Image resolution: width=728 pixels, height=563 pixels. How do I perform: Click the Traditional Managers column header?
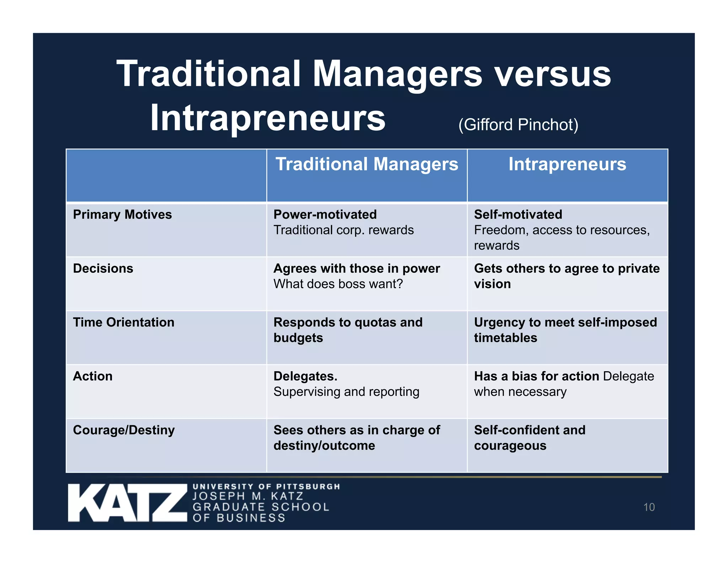coord(367,164)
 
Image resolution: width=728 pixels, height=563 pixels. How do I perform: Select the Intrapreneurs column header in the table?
coord(567,164)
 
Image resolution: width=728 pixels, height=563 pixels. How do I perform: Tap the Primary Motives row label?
coord(122,215)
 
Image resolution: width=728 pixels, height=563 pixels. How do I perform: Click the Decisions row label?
coord(103,268)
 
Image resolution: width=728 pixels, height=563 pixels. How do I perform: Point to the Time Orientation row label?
coord(124,322)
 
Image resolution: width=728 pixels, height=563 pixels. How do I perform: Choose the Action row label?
coord(93,376)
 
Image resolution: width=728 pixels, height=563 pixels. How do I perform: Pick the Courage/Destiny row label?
coord(124,430)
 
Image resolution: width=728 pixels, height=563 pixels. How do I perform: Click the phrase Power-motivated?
coord(325,215)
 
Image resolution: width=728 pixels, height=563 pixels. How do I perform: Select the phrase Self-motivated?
coord(518,215)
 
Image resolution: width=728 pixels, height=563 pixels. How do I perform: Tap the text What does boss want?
coord(338,284)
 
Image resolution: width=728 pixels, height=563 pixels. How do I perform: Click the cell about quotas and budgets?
coord(348,330)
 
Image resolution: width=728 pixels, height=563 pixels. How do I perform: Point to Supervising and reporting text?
coord(346,392)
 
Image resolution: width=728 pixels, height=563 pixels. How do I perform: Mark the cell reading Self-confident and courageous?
coord(529,438)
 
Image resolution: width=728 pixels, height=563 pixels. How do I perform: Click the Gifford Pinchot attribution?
coord(518,125)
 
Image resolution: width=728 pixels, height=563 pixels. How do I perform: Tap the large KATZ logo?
coord(127,503)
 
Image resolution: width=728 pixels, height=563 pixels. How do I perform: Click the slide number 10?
coord(649,507)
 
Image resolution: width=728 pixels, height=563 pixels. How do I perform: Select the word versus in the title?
coord(553,74)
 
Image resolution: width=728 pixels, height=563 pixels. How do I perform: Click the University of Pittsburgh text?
coord(266,486)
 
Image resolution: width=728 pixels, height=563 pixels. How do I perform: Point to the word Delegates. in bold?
coord(305,376)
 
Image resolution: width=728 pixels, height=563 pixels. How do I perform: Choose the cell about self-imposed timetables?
coord(565,330)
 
